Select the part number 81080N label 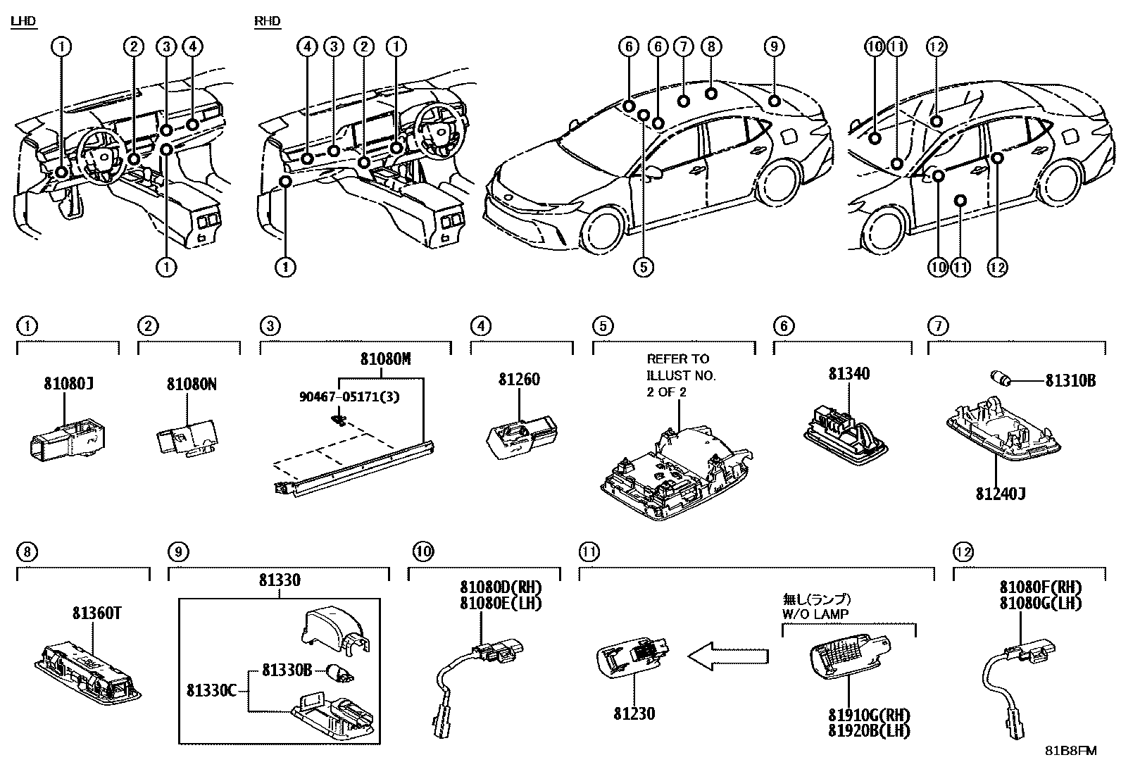pyautogui.click(x=191, y=384)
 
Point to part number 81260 pyautogui.click(x=519, y=380)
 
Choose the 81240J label pyautogui.click(x=999, y=494)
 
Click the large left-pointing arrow pyautogui.click(x=727, y=656)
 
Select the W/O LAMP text pyautogui.click(x=815, y=613)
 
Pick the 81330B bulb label pyautogui.click(x=287, y=670)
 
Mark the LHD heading pyautogui.click(x=23, y=22)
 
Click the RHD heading pyautogui.click(x=268, y=22)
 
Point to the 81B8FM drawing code pyautogui.click(x=1070, y=750)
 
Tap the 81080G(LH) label pyautogui.click(x=1040, y=604)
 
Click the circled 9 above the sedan pyautogui.click(x=773, y=46)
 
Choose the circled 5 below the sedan pyautogui.click(x=643, y=267)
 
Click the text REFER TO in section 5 pyautogui.click(x=677, y=359)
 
